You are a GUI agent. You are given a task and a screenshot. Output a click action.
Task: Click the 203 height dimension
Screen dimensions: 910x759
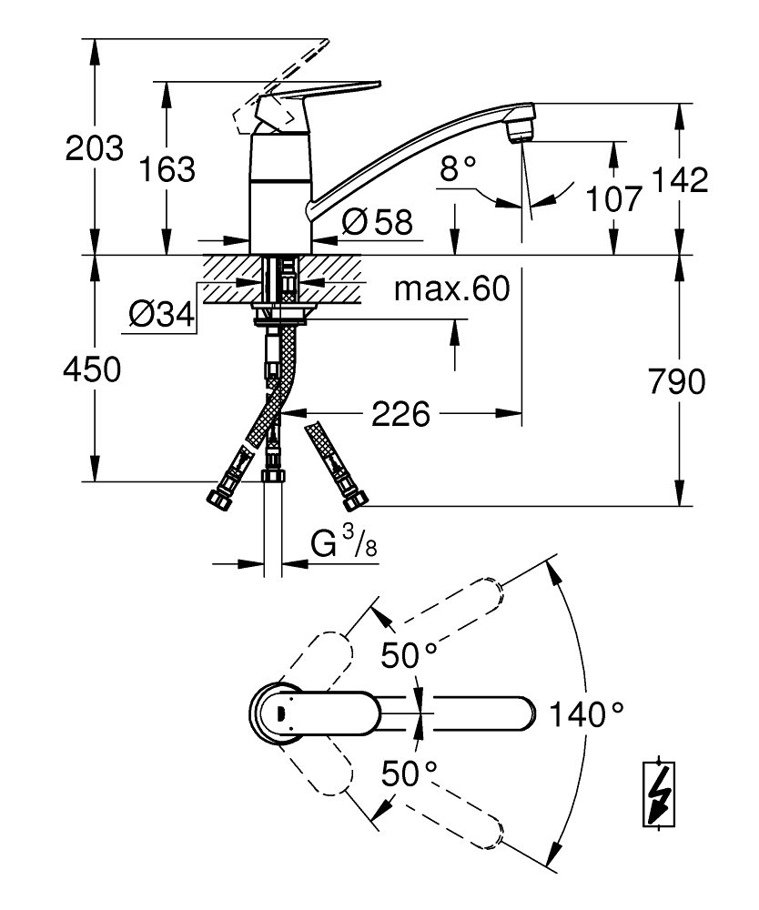pyautogui.click(x=94, y=147)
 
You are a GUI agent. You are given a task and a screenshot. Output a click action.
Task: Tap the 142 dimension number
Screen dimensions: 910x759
pyautogui.click(x=681, y=180)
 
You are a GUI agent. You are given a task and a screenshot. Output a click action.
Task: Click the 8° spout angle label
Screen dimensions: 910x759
pyautogui.click(x=457, y=168)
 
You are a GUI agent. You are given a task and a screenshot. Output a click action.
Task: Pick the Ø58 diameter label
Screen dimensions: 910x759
pyautogui.click(x=378, y=221)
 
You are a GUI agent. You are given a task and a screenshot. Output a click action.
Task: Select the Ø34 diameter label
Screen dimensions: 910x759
pyautogui.click(x=161, y=315)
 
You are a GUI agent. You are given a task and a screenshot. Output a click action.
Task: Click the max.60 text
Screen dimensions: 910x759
pyautogui.click(x=450, y=290)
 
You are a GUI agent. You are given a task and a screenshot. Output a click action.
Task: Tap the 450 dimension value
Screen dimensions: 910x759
pyautogui.click(x=91, y=369)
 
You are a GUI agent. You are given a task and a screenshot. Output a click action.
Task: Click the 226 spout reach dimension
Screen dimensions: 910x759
pyautogui.click(x=400, y=414)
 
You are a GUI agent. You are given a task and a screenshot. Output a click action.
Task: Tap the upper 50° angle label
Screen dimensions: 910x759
pyautogui.click(x=409, y=654)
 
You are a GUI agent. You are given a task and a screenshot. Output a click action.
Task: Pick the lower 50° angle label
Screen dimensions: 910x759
pyautogui.click(x=409, y=774)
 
